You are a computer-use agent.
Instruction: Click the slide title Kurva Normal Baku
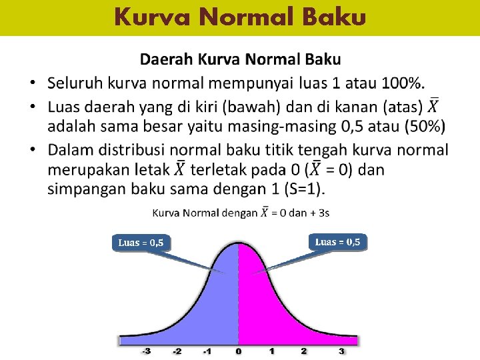click(239, 16)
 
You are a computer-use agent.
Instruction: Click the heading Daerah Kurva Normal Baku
click(240, 59)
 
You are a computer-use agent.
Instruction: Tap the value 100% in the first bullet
click(402, 83)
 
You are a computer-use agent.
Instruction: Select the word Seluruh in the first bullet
click(77, 83)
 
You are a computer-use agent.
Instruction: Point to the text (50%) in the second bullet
click(425, 127)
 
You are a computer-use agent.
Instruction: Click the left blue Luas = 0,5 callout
click(141, 243)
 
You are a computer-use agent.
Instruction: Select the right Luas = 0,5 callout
click(337, 241)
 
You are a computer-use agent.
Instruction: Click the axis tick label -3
click(145, 351)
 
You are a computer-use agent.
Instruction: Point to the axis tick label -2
click(177, 351)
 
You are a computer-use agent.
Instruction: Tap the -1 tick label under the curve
click(207, 351)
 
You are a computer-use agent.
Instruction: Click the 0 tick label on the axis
click(239, 351)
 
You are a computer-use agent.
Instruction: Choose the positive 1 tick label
click(271, 351)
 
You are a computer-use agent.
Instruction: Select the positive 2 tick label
click(303, 351)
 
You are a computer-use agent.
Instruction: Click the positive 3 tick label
click(341, 351)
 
